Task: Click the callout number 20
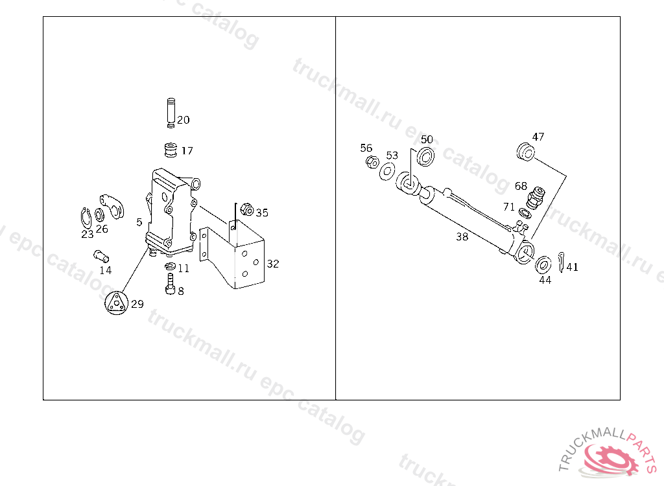click(184, 120)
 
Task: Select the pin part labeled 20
click(171, 113)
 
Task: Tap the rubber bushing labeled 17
click(171, 150)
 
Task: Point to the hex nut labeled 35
click(246, 209)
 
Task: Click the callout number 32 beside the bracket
click(273, 264)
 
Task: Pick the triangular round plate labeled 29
click(116, 303)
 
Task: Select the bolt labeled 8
click(170, 284)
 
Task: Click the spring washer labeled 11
click(171, 266)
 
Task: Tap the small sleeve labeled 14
click(101, 256)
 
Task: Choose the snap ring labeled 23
click(86, 218)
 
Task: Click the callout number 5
click(139, 222)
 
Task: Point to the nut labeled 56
click(372, 162)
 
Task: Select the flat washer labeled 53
click(387, 171)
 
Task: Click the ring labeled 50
click(425, 157)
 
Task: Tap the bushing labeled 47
click(525, 151)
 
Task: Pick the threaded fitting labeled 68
click(536, 197)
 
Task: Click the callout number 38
click(462, 237)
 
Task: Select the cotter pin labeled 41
click(561, 262)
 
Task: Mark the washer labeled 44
click(543, 264)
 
